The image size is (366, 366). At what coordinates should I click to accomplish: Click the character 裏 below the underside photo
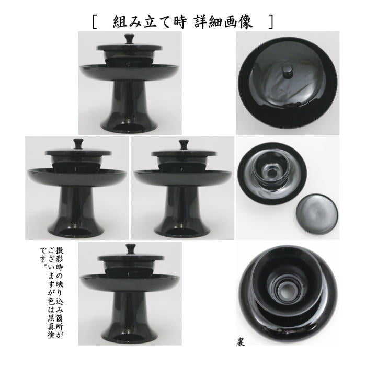coord(239,344)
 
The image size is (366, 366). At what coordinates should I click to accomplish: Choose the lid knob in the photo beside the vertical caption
coord(129,249)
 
